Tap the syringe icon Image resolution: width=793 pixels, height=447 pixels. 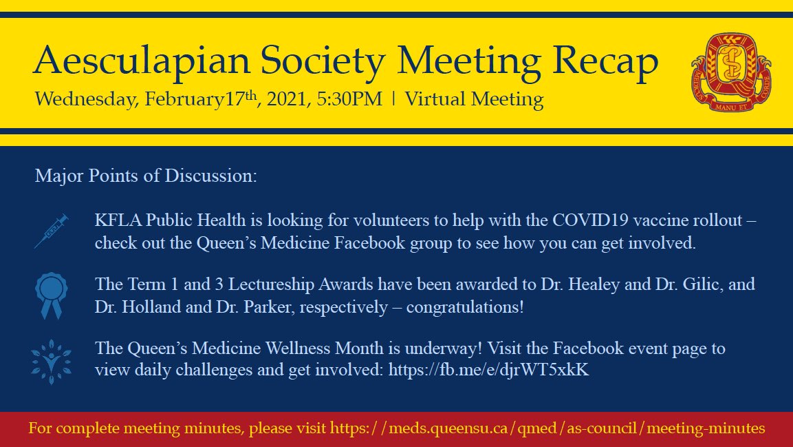click(52, 231)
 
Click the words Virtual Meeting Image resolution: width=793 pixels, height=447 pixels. click(474, 99)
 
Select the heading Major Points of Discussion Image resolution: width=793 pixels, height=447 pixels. click(146, 176)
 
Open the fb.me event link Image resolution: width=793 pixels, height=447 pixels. click(488, 370)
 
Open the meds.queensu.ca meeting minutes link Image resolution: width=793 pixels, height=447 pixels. click(547, 428)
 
